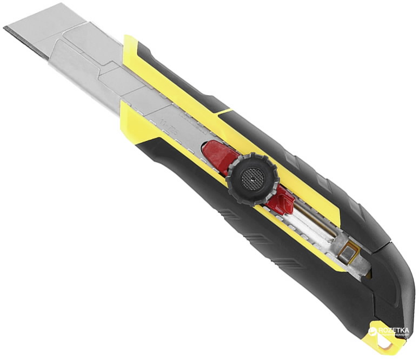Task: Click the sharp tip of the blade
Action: click(5, 28)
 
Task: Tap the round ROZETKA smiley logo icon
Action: click(373, 330)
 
